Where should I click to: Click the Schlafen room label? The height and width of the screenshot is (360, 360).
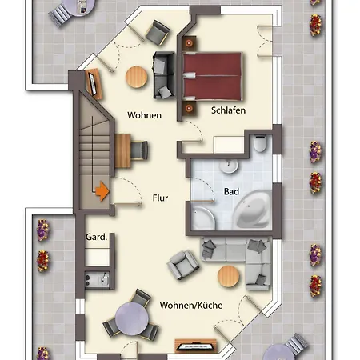click(x=228, y=110)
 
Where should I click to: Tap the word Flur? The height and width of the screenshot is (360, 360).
click(x=160, y=198)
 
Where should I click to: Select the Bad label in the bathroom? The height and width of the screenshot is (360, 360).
click(x=231, y=191)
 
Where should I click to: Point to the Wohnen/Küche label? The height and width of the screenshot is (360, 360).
click(x=191, y=306)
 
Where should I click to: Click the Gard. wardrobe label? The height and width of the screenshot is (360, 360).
click(x=96, y=237)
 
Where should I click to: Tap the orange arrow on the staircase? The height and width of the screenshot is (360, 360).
click(x=102, y=191)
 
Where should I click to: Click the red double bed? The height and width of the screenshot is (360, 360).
click(x=213, y=77)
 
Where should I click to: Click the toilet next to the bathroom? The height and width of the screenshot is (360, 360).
click(x=260, y=144)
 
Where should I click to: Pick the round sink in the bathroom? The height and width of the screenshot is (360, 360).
click(x=229, y=166)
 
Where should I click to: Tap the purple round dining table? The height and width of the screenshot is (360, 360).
click(x=132, y=319)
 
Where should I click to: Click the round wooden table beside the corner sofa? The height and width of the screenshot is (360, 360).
click(x=229, y=276)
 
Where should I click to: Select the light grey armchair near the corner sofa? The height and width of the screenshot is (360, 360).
click(x=183, y=265)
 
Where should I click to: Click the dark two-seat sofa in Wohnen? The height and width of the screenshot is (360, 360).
click(x=164, y=75)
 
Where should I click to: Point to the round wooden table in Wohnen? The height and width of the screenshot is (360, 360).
click(x=137, y=78)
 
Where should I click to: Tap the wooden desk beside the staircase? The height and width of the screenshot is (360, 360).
click(x=123, y=151)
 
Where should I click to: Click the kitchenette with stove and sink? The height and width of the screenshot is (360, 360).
click(x=97, y=279)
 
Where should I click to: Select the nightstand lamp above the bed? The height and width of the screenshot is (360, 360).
click(x=189, y=43)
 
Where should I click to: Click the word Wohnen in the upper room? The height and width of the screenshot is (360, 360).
click(x=144, y=115)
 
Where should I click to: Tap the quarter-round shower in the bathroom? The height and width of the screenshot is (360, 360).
click(x=202, y=218)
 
